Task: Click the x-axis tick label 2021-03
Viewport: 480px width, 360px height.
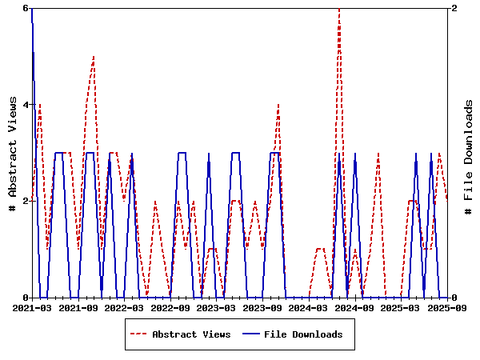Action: point(31,307)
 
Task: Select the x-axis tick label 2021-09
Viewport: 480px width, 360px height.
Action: point(78,307)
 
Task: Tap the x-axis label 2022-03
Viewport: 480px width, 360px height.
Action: point(124,307)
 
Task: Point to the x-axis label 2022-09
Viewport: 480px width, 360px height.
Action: point(170,307)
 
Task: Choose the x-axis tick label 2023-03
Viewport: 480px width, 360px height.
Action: point(217,307)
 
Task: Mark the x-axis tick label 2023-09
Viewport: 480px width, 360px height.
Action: point(263,307)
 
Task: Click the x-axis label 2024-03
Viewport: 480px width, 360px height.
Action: point(309,307)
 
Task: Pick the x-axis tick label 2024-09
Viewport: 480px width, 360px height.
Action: point(355,307)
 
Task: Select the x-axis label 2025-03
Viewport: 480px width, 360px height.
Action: point(402,307)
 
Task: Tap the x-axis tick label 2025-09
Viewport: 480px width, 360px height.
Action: point(447,307)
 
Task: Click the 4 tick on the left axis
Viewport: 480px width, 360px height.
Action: point(25,105)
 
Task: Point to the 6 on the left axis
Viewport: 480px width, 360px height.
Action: point(25,8)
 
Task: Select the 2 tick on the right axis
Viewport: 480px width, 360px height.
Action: point(454,8)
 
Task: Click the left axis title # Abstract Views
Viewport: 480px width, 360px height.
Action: point(13,153)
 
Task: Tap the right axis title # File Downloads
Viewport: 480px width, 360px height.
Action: point(469,153)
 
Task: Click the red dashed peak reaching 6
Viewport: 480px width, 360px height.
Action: point(339,9)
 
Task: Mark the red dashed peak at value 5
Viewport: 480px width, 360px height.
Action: point(94,57)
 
